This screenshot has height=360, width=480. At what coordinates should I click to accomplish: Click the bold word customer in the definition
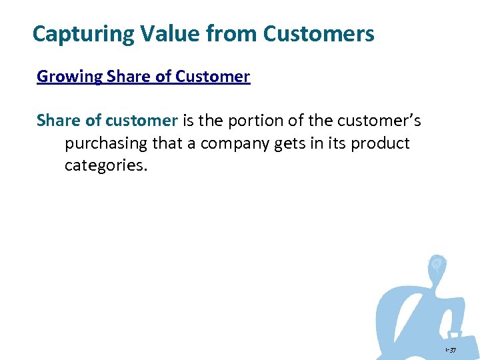[142, 121]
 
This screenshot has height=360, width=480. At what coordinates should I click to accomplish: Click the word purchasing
[106, 143]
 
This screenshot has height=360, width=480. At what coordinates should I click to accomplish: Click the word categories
[104, 165]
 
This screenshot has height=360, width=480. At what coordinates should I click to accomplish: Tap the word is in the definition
[189, 121]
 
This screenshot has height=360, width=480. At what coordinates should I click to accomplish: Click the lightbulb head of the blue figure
[437, 265]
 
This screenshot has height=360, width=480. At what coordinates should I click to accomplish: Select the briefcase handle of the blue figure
[455, 334]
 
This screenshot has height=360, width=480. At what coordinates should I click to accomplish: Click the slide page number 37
[451, 349]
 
